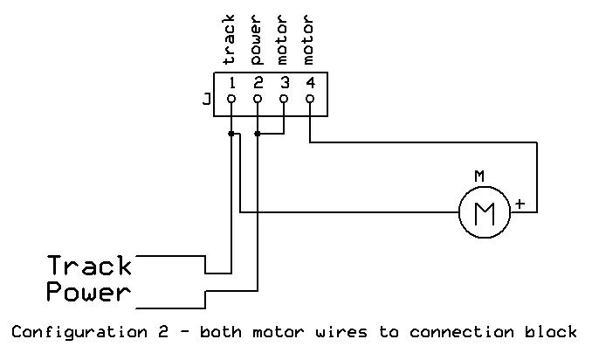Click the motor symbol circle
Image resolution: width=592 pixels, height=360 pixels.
pos(484,211)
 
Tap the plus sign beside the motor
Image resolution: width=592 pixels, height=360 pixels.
pos(520,204)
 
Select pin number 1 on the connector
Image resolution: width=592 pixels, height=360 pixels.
pos(231,84)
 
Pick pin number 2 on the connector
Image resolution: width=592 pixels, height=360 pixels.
pos(258,84)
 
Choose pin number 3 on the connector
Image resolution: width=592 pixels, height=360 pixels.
pos(285,84)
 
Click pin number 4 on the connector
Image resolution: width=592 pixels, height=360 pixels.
pos(311,84)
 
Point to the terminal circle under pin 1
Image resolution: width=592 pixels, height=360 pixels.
pos(231,100)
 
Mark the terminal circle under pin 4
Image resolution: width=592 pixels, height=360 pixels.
pos(311,100)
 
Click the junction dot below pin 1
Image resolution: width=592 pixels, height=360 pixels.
pos(231,134)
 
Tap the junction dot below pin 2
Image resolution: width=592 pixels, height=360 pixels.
pos(258,134)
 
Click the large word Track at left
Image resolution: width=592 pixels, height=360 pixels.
pos(89,265)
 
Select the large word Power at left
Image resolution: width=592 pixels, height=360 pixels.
pos(88,292)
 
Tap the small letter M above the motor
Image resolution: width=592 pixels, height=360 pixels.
pos(479,177)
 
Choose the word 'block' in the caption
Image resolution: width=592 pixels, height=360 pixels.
pos(552,332)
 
